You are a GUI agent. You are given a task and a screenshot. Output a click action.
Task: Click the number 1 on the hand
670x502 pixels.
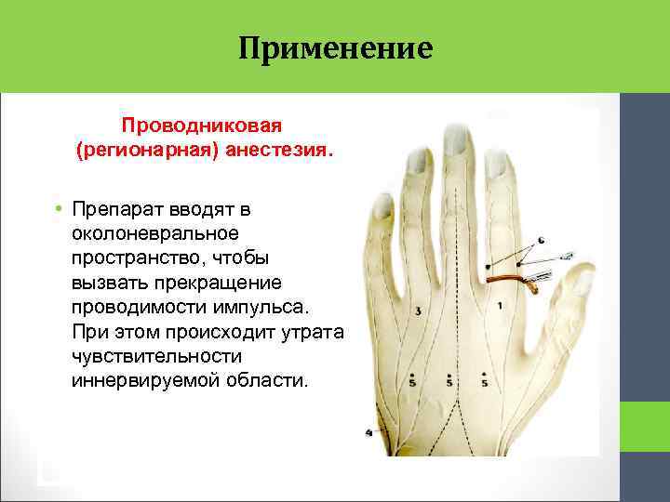click(x=501, y=306)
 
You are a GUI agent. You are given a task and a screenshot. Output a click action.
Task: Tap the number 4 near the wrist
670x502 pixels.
click(x=369, y=432)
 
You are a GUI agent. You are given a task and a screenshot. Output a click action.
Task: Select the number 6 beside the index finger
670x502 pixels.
click(x=541, y=241)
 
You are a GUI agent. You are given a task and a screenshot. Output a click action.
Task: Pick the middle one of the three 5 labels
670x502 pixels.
click(x=449, y=380)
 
